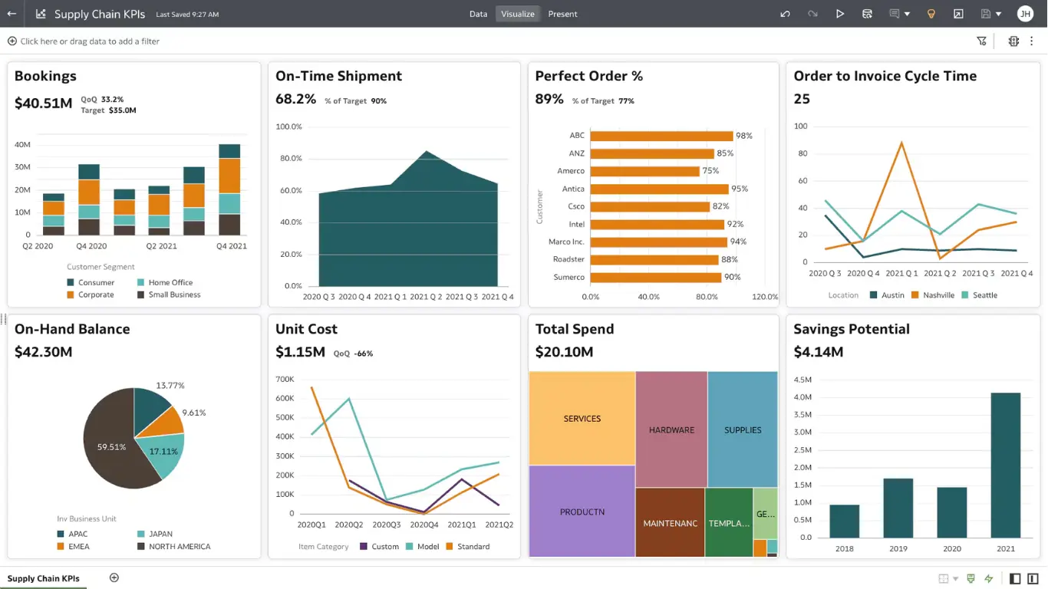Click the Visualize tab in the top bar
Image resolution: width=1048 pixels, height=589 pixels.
pos(518,14)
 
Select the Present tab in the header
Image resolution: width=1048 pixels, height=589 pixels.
pos(562,14)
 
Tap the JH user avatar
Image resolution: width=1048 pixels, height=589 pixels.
pos(1025,14)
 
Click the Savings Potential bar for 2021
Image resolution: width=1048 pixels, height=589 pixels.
pos(1005,465)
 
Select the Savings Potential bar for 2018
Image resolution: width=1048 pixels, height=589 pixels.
pos(844,521)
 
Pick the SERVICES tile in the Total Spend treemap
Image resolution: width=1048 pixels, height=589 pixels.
pos(582,419)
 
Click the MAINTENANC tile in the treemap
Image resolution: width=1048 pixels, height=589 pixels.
pos(670,523)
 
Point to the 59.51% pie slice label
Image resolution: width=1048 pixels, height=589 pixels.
pos(111,447)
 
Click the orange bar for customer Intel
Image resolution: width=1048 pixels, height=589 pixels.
pos(657,225)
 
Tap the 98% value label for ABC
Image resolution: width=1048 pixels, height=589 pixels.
pos(743,136)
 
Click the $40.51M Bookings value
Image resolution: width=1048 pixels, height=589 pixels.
pos(43,104)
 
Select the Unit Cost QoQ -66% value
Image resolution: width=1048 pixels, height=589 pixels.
pos(363,354)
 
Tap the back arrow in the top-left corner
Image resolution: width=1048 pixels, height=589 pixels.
pos(12,14)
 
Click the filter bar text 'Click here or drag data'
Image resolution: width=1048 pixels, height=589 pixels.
pos(89,41)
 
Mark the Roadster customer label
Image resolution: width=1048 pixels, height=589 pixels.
pos(568,259)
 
